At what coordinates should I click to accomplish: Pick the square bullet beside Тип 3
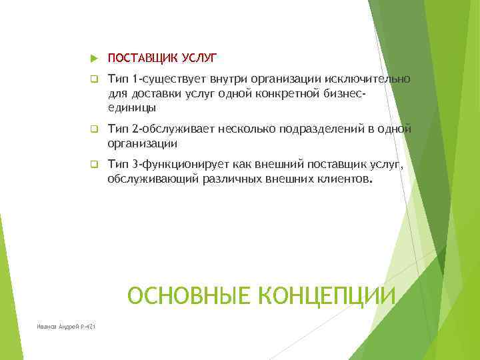[x=94, y=163]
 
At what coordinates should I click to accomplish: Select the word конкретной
[x=288, y=93]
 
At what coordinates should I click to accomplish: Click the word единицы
[x=132, y=107]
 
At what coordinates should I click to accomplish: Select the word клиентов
[x=343, y=178]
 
